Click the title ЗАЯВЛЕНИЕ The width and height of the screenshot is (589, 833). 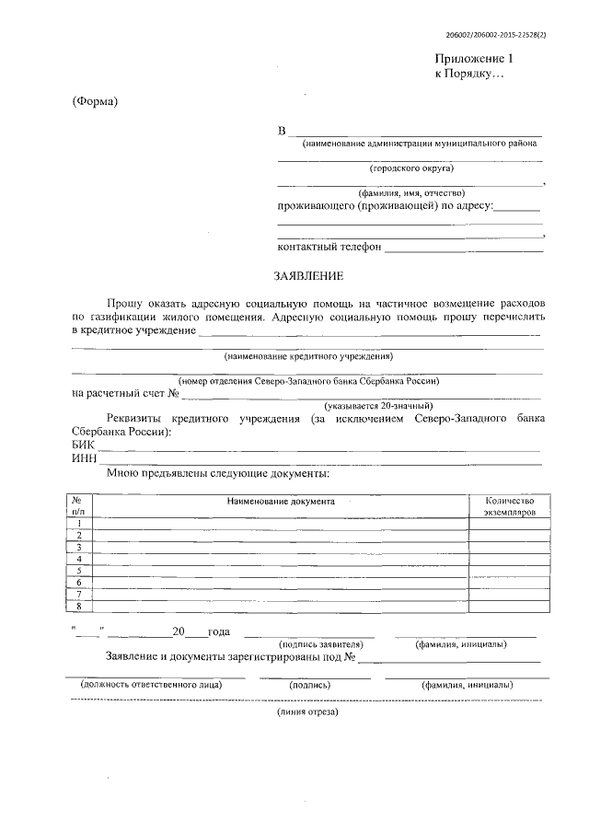point(309,275)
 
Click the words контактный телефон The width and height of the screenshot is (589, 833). point(329,247)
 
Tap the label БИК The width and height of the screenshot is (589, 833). point(83,444)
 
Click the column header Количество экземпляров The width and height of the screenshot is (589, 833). point(510,506)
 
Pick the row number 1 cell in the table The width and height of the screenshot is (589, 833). point(79,523)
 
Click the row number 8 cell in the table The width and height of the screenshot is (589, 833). point(79,606)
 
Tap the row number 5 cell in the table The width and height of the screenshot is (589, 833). point(79,571)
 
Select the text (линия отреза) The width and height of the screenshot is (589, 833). point(308,712)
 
